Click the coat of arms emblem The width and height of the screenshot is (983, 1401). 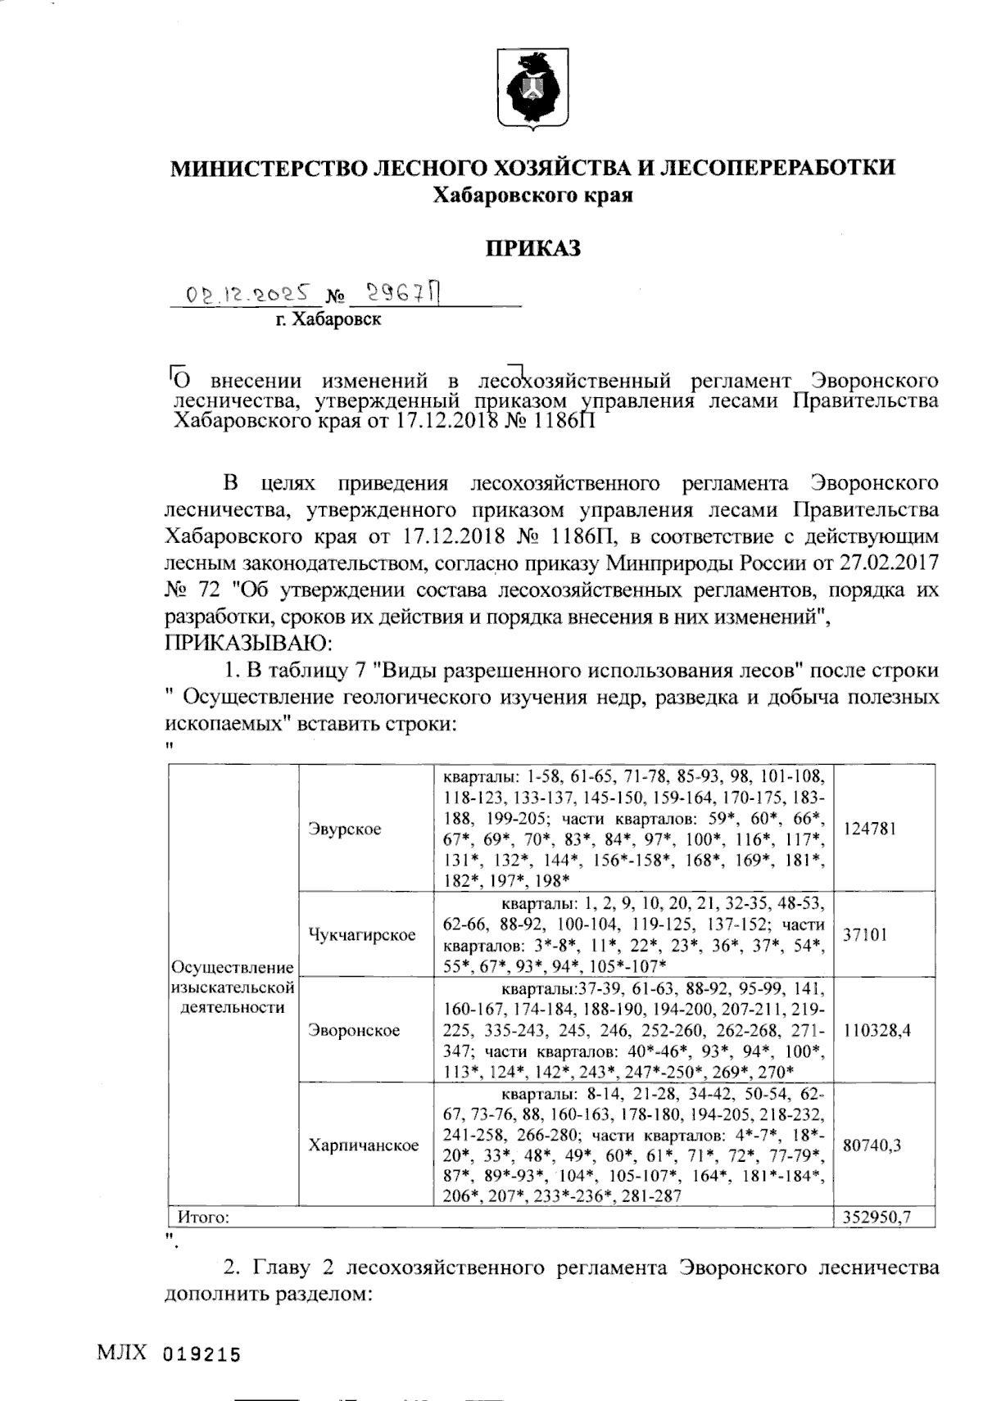pyautogui.click(x=533, y=89)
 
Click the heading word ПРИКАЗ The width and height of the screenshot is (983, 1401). pyautogui.click(x=533, y=247)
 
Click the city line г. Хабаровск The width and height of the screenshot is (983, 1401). pyautogui.click(x=328, y=319)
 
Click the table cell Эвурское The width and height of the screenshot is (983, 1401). pyautogui.click(x=345, y=829)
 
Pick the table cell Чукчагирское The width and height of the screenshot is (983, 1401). pyautogui.click(x=361, y=934)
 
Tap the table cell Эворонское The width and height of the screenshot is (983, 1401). pyautogui.click(x=354, y=1030)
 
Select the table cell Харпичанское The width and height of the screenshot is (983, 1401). pyautogui.click(x=364, y=1145)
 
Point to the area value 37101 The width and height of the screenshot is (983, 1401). pyautogui.click(x=865, y=934)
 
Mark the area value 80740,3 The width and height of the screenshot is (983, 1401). pyautogui.click(x=872, y=1145)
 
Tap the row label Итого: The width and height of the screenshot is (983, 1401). pyautogui.click(x=203, y=1217)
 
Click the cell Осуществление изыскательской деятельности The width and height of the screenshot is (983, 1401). pyautogui.click(x=232, y=987)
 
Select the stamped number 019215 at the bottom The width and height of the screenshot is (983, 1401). pyautogui.click(x=202, y=1354)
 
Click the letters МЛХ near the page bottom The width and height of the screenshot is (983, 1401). pyautogui.click(x=122, y=1352)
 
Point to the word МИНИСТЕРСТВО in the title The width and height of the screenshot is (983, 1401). pyautogui.click(x=269, y=168)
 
